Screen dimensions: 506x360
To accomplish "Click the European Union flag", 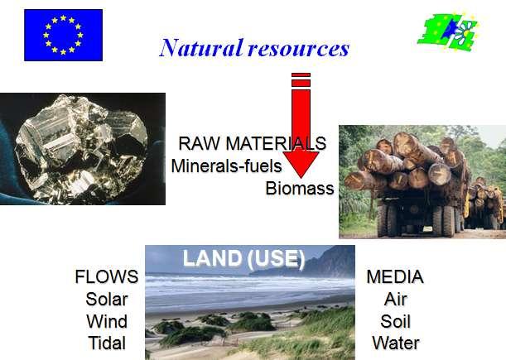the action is [63, 35].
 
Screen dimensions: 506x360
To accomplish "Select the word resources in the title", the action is [299, 49].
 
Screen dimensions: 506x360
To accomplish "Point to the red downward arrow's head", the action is [301, 165].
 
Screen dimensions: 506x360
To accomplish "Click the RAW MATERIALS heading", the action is [253, 143].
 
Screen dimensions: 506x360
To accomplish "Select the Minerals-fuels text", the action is [227, 166].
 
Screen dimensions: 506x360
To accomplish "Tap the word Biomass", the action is [300, 188].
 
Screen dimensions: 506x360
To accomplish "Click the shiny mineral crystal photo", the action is [83, 149].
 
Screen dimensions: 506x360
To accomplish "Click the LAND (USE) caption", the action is [243, 258].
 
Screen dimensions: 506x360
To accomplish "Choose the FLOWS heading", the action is [107, 276].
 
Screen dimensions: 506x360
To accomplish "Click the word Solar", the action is [107, 299].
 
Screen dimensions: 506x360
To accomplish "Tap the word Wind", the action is [107, 321].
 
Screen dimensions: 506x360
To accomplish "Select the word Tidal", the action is [107, 343].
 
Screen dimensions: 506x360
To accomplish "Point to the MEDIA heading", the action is [395, 276].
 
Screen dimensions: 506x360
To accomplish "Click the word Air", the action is [395, 299].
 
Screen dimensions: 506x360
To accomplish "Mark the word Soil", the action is [395, 321].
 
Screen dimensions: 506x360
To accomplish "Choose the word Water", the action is [396, 343].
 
